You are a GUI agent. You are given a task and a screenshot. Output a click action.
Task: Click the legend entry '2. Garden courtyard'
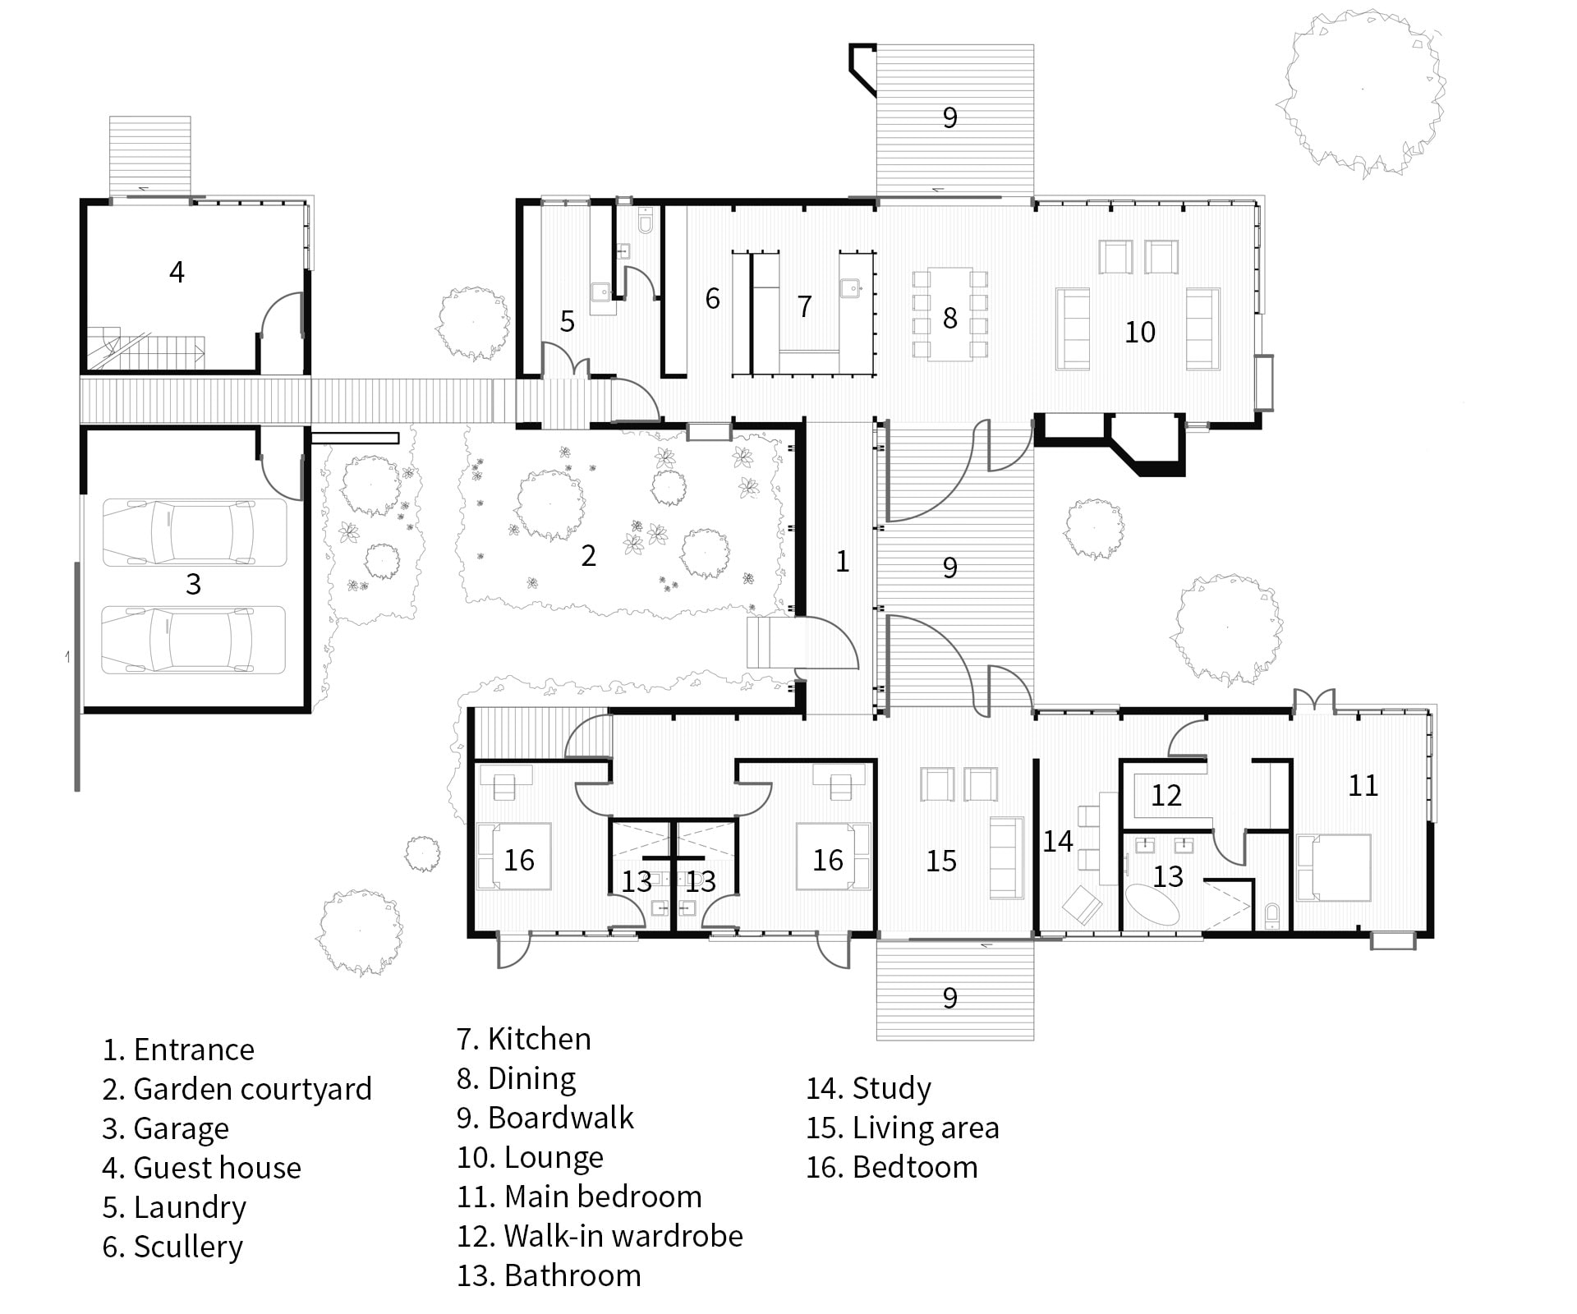pos(237,1089)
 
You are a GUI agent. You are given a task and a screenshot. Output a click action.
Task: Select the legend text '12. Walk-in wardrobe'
pos(600,1236)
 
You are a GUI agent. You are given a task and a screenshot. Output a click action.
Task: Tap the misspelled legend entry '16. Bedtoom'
pos(891,1167)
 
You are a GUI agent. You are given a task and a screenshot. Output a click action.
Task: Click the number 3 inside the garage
pos(193,584)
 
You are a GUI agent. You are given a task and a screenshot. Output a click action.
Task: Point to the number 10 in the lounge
pos(1139,332)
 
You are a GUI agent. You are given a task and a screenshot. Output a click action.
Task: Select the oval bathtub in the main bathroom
pos(1151,906)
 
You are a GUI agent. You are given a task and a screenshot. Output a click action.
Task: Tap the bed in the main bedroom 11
pos(1333,867)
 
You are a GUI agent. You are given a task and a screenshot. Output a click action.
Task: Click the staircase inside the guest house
pos(148,349)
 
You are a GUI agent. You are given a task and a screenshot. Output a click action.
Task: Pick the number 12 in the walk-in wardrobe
pos(1166,795)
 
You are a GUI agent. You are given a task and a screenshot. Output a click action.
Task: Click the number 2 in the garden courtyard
pos(588,556)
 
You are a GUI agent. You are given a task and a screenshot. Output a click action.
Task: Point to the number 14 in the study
pos(1058,841)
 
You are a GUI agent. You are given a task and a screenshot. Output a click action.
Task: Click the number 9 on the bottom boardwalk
pos(949,998)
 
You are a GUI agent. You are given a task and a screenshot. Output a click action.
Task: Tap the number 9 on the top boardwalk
pos(949,117)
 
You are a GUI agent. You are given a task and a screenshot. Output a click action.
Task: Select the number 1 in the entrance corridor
pos(842,561)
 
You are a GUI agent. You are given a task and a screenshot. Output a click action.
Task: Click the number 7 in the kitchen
pos(804,306)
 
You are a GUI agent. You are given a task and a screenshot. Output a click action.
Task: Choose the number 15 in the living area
pos(941,861)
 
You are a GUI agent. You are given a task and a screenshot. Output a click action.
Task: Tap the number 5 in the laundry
pos(567,322)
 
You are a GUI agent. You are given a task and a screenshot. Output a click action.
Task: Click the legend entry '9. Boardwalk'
pos(545,1118)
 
